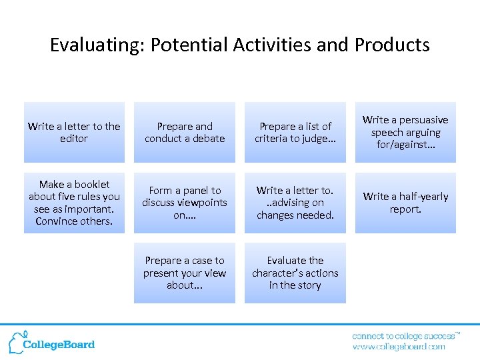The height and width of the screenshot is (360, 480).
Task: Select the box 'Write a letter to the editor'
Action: (74, 132)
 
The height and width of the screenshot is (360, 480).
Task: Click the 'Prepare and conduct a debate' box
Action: (185, 132)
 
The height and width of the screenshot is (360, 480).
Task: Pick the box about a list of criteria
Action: (295, 132)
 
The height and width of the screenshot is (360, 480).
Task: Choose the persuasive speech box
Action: (405, 132)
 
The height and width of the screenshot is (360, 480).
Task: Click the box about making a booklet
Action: (74, 203)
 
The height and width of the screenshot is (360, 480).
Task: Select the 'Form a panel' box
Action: (185, 203)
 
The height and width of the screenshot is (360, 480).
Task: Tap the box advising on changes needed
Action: (295, 203)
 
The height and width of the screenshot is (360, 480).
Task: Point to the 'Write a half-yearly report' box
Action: (405, 203)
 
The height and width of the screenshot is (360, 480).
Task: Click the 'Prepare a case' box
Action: (185, 273)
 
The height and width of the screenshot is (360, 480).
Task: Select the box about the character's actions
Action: (295, 273)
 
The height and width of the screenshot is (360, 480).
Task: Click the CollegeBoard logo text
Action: (59, 345)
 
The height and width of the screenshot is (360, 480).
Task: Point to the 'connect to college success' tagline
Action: (405, 336)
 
